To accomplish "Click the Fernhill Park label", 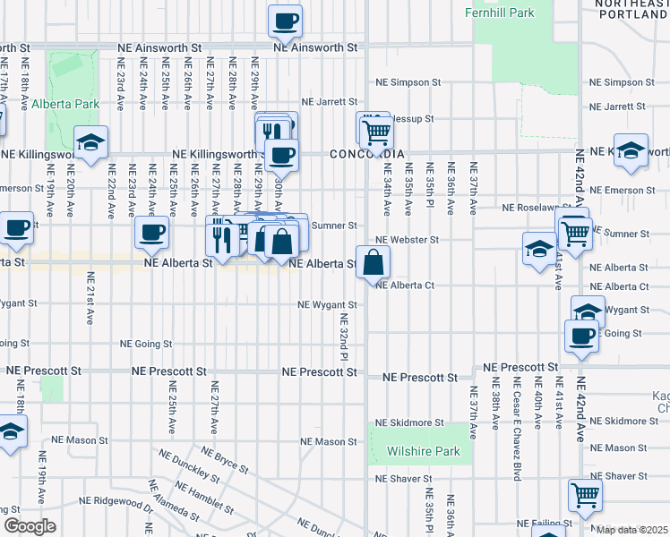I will pyautogui.click(x=499, y=13).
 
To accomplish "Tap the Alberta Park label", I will pyautogui.click(x=64, y=104).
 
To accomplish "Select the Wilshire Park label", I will pyautogui.click(x=424, y=451).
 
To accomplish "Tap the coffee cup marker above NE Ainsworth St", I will pyautogui.click(x=286, y=21).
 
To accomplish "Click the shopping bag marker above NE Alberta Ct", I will pyautogui.click(x=374, y=262).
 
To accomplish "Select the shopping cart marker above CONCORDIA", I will pyautogui.click(x=375, y=132).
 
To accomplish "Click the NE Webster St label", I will pyautogui.click(x=408, y=240).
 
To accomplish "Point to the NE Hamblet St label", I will pyautogui.click(x=204, y=495).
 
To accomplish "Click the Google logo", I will pyautogui.click(x=30, y=526).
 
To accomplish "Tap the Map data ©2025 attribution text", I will pyautogui.click(x=632, y=530).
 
